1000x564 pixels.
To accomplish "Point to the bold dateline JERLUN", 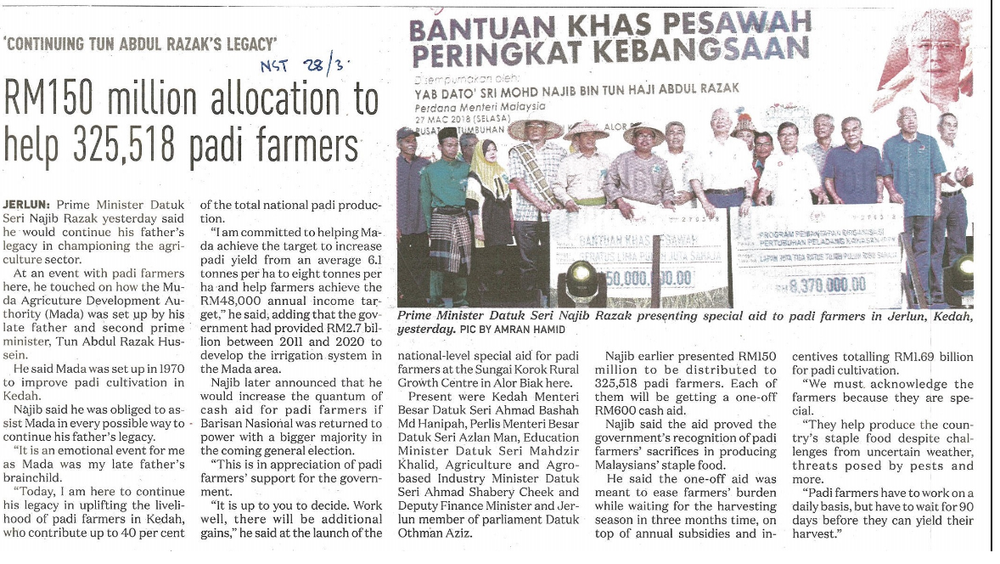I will tap(26, 205).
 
